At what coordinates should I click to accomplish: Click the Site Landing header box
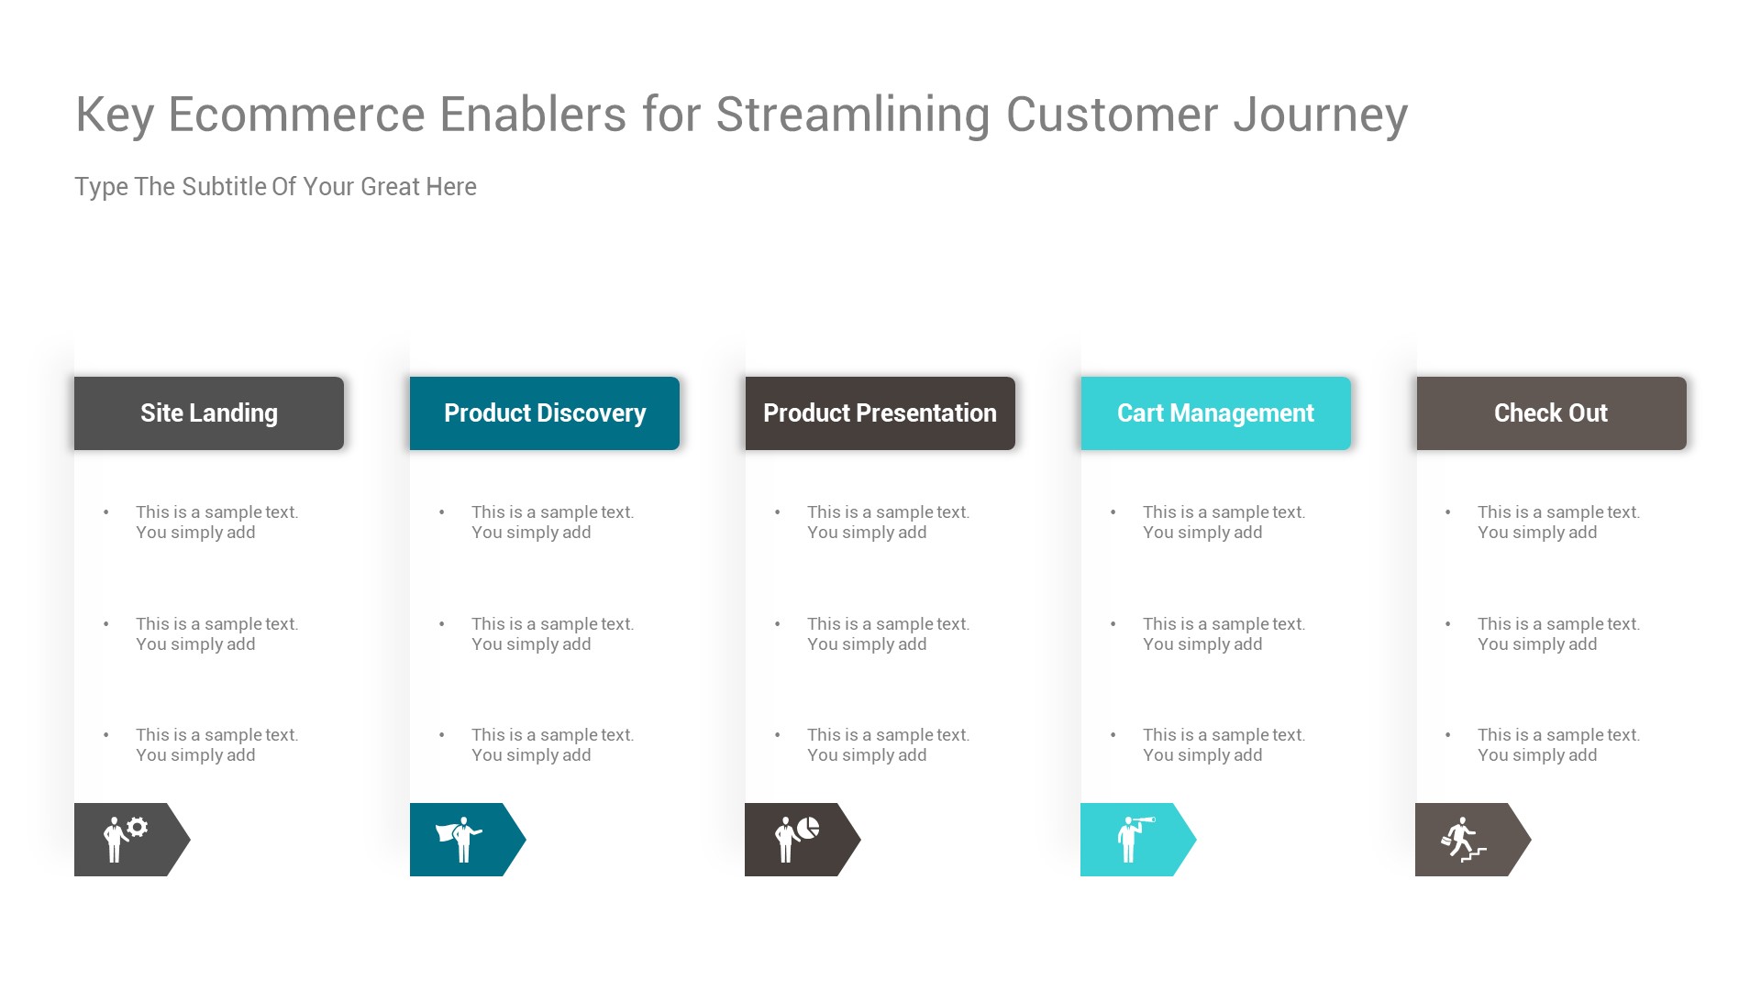[x=209, y=413]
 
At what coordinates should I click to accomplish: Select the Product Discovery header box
[x=545, y=413]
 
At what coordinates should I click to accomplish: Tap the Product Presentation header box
[x=880, y=413]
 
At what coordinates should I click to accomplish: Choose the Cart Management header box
[x=1215, y=413]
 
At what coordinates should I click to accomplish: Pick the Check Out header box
[x=1551, y=413]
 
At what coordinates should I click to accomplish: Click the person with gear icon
[x=124, y=839]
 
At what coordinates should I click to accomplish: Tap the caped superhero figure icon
[x=459, y=839]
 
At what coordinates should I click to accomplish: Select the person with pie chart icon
[x=795, y=839]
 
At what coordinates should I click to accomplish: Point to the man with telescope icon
[x=1134, y=839]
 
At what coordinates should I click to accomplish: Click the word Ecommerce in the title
[x=296, y=115]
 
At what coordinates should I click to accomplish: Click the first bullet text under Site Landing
[x=216, y=522]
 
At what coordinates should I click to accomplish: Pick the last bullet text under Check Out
[x=1557, y=745]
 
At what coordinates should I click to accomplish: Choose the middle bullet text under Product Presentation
[x=888, y=634]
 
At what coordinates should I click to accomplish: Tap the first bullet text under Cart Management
[x=1223, y=522]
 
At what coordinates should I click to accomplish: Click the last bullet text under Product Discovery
[x=552, y=745]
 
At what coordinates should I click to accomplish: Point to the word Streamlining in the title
[x=852, y=115]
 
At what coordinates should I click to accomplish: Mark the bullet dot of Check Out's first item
[x=1448, y=512]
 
